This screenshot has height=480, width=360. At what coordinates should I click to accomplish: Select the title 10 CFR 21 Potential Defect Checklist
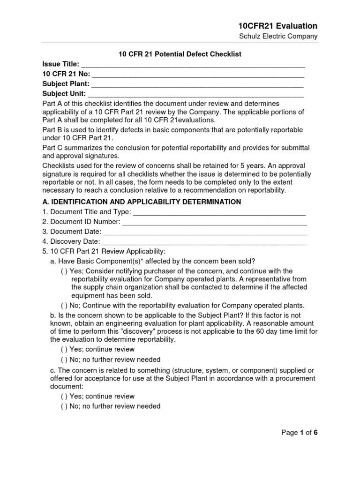180,54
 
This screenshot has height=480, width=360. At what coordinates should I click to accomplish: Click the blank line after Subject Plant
197,84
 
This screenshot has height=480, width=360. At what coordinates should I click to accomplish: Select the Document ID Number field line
214,222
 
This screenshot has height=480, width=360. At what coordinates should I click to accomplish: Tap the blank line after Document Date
204,232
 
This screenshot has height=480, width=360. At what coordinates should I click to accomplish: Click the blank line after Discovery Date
204,242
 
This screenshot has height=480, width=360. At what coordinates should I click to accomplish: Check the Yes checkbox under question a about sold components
64,271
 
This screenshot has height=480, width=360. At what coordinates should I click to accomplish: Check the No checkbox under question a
64,305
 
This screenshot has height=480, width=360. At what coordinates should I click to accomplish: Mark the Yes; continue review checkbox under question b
64,349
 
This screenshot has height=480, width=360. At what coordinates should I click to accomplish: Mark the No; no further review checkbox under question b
64,360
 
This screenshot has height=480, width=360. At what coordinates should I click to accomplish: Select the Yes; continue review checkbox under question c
64,396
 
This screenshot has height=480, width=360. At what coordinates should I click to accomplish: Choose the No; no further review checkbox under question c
64,406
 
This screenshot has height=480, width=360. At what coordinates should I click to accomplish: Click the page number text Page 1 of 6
300,433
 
